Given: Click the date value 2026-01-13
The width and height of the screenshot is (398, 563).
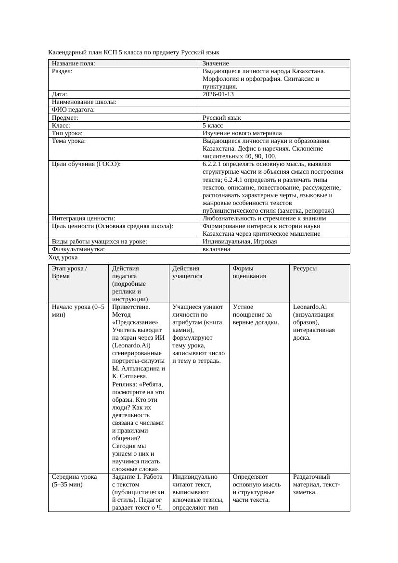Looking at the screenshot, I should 218,94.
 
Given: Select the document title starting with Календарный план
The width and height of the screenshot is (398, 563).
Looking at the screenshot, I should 134,52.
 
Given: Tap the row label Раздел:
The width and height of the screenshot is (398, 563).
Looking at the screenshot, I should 62,71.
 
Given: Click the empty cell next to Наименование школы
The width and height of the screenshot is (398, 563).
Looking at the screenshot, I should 274,102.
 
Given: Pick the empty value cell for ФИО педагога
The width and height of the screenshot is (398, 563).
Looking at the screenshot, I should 274,110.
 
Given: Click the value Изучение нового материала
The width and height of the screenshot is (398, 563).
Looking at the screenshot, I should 242,133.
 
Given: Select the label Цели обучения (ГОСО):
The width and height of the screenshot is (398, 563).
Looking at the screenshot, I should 86,164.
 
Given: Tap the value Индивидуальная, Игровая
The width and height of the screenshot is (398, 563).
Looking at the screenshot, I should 240,242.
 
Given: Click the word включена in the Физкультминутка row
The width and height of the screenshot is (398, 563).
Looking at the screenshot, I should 216,249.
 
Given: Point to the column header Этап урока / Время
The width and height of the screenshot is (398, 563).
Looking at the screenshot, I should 69,272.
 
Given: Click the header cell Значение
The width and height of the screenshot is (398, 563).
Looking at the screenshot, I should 216,64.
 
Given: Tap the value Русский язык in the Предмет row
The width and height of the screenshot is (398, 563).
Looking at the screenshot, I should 222,117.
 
